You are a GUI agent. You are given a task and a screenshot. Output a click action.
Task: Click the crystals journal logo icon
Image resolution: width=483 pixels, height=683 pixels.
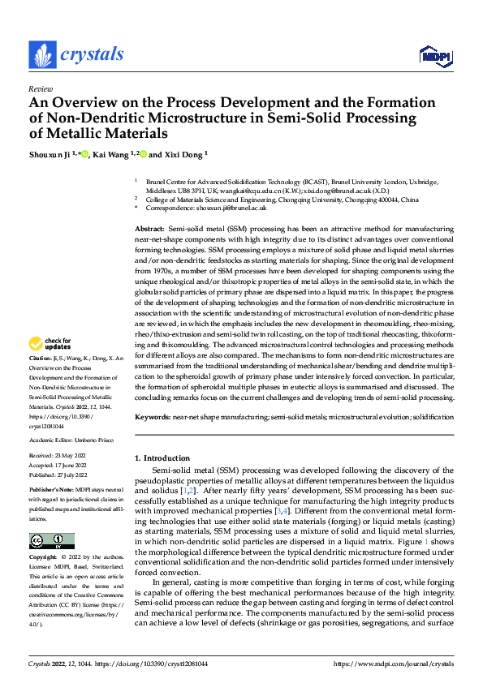(41, 55)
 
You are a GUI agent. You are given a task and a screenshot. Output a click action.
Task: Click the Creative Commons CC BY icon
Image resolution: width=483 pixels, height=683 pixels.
(51, 541)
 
